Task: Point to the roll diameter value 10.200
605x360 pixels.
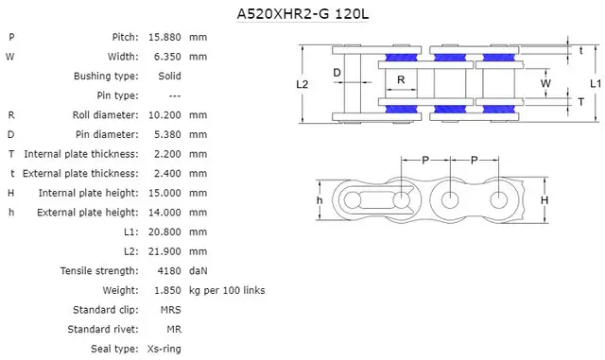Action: coord(167,114)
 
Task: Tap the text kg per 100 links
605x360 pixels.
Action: coord(227,290)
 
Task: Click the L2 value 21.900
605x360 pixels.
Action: coord(167,251)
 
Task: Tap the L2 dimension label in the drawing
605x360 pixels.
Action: coord(302,84)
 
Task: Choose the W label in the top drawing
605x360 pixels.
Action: coord(545,83)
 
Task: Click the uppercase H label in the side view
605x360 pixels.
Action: coord(544,200)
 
